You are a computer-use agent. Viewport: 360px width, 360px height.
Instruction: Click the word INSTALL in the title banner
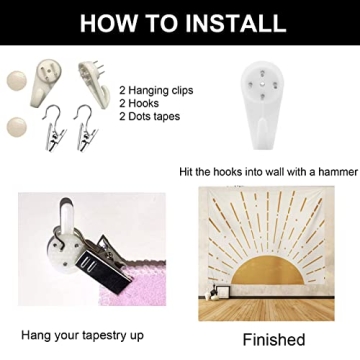tap(235, 23)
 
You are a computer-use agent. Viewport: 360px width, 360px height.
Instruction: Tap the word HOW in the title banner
tap(107, 23)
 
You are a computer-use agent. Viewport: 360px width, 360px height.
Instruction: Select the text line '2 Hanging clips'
tap(156, 91)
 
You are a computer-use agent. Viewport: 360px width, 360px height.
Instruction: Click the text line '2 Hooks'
tap(139, 103)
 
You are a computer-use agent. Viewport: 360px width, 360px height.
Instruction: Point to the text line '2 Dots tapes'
tap(150, 116)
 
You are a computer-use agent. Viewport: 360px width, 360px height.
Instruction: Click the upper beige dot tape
tap(17, 81)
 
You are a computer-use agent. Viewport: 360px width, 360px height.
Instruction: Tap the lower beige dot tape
tap(17, 127)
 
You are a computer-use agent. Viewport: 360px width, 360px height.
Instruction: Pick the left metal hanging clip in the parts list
tap(55, 128)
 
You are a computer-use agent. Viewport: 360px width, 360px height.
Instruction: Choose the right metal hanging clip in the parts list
tap(85, 128)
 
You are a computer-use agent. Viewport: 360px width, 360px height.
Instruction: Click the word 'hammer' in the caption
tap(337, 172)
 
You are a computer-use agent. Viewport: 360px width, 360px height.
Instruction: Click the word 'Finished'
tap(274, 339)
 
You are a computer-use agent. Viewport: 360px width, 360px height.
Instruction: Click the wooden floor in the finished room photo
tap(266, 310)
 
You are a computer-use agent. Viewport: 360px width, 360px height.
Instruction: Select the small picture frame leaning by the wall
tap(222, 292)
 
